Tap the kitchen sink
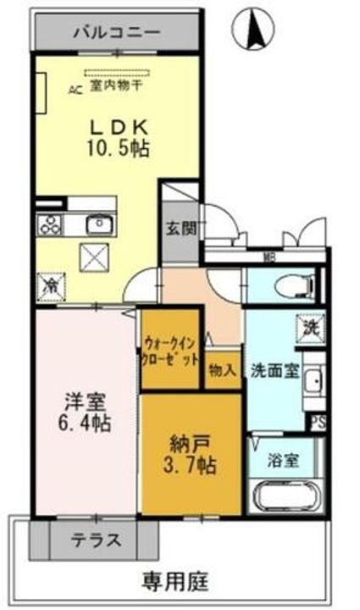click(98, 225)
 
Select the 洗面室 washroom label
click(275, 371)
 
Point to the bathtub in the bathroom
click(285, 496)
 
